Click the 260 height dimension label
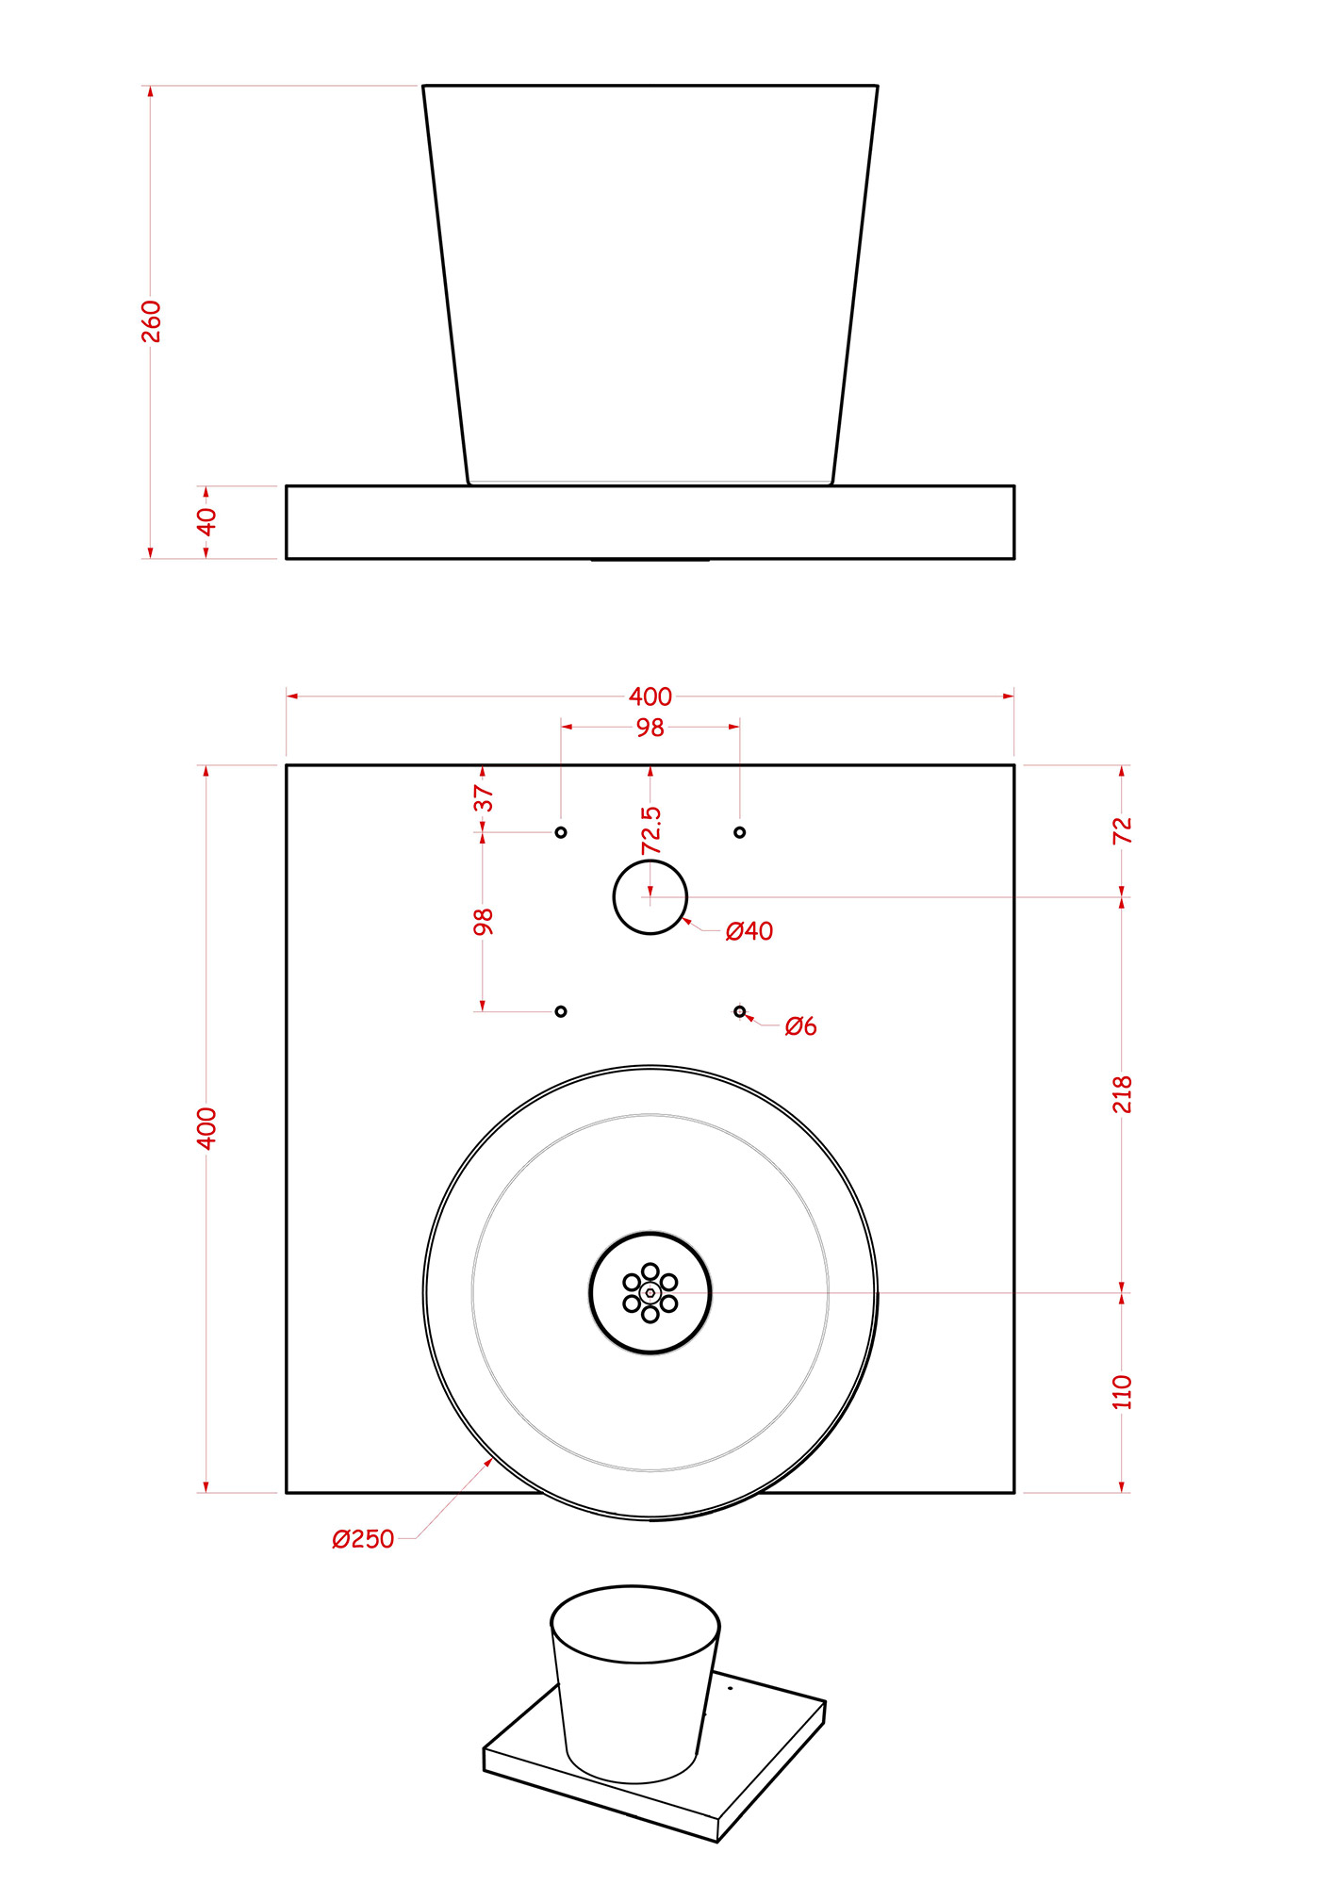point(151,321)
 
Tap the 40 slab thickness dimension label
point(206,521)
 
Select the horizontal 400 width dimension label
point(650,697)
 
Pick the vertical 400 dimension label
point(206,1128)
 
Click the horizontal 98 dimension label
point(650,728)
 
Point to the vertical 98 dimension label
point(483,922)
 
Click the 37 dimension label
point(483,798)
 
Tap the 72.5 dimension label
point(650,830)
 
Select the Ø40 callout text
point(749,931)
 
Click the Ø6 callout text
point(800,1026)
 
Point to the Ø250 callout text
point(363,1539)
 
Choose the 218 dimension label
point(1122,1094)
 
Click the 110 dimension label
point(1122,1392)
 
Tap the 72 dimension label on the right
point(1122,830)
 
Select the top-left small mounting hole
point(561,832)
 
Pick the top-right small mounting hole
point(740,832)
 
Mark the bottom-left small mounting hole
point(561,1011)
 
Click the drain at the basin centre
point(650,1293)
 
